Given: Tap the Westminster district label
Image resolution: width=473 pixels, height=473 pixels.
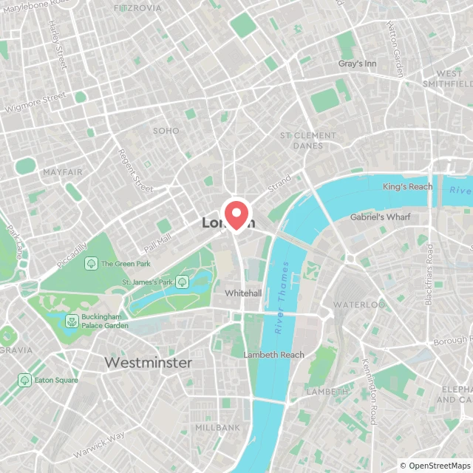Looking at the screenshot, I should pos(148,363).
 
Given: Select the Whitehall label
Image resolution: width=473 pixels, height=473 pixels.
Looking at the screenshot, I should pos(243,293).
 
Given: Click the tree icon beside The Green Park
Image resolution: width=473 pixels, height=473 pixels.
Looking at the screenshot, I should pos(91,263).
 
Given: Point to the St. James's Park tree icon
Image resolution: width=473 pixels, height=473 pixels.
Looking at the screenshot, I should pos(182,281).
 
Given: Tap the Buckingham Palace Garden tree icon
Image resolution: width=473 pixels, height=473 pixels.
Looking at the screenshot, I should pos(72,321).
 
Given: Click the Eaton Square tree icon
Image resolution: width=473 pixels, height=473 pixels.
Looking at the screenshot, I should pos(24,379).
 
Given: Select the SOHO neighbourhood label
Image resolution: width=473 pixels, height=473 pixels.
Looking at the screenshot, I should pos(166,131).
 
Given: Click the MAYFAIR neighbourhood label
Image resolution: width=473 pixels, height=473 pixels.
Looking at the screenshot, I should pos(63,172).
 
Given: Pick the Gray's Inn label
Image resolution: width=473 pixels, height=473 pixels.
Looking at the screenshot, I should pos(357,64).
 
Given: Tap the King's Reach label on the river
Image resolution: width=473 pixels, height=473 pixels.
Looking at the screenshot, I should pos(407,187).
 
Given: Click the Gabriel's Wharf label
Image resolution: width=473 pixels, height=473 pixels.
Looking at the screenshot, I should pos(380,217).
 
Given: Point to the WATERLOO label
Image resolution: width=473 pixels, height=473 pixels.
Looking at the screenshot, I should pos(358,304).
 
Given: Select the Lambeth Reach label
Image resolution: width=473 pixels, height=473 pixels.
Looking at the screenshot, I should pos(273,355).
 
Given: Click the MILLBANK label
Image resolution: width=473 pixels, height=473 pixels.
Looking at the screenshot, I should pos(217,428).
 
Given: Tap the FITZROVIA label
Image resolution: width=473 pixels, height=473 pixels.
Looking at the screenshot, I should pos(138,8).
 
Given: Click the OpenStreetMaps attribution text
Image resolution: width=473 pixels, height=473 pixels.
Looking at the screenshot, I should pos(435,466).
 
